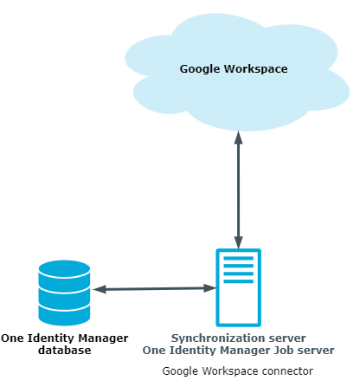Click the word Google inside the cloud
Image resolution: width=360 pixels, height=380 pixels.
click(x=200, y=69)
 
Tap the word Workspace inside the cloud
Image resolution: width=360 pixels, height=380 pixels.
click(x=255, y=68)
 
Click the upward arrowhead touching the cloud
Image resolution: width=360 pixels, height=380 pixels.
click(x=238, y=138)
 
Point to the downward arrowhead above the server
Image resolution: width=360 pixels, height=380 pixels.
click(x=238, y=242)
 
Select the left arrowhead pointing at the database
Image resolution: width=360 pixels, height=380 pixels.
click(x=100, y=289)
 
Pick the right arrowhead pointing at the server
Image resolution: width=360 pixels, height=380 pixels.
click(x=209, y=288)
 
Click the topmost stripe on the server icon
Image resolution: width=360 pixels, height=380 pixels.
click(x=239, y=258)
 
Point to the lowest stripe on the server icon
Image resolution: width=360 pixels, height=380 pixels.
click(x=239, y=281)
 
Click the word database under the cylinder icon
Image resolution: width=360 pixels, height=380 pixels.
click(x=65, y=350)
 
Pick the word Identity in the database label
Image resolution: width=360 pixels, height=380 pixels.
click(x=51, y=338)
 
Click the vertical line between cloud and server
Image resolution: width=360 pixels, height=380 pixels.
click(x=238, y=190)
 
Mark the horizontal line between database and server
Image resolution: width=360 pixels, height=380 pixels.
click(x=154, y=288)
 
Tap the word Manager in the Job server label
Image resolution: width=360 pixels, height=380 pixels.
click(x=245, y=351)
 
